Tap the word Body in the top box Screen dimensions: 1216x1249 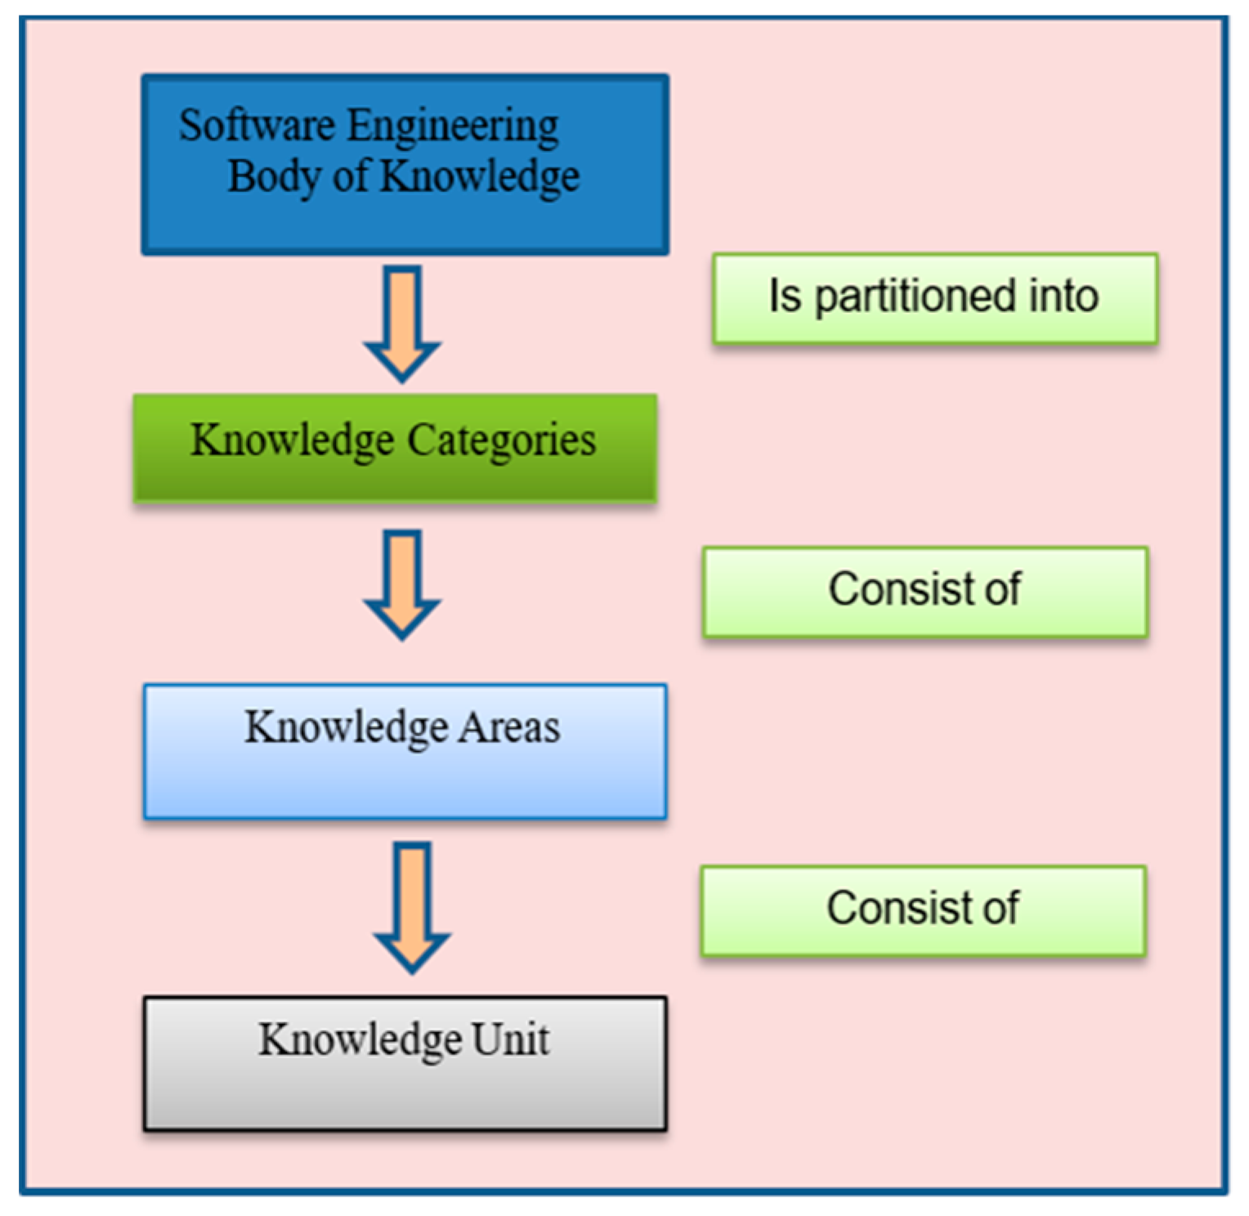(x=274, y=177)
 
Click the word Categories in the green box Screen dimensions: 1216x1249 (x=502, y=440)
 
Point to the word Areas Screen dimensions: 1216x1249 (x=508, y=726)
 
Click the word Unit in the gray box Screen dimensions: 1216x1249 (x=510, y=1039)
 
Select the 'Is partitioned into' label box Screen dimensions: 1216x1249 (x=935, y=298)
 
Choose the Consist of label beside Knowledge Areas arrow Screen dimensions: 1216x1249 (x=925, y=592)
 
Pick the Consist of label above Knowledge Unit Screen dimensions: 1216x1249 (x=924, y=910)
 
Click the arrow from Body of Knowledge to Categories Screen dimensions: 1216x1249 (x=403, y=322)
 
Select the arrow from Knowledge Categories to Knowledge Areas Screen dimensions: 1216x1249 (x=403, y=583)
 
